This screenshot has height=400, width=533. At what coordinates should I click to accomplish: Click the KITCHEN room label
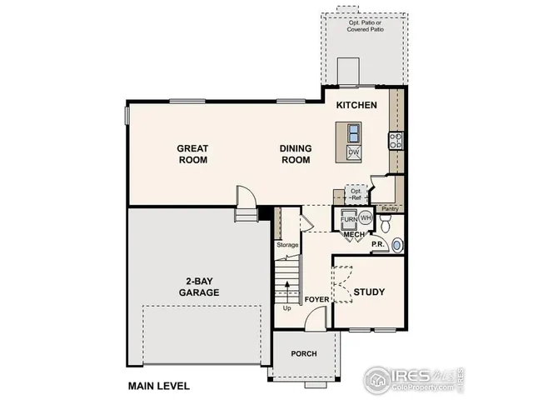point(357,106)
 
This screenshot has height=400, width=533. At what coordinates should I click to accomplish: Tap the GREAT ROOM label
point(192,154)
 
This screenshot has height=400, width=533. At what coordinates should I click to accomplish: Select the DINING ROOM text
point(295,154)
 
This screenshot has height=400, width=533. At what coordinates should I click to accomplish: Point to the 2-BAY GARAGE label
point(198,287)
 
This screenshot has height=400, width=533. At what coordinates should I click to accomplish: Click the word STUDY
point(368,292)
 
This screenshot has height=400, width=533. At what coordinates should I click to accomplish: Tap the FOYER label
point(316,299)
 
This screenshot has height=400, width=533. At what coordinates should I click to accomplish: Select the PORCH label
point(303,353)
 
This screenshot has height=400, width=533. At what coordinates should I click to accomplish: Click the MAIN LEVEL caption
point(158,386)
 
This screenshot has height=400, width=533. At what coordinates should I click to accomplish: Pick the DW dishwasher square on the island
point(353,152)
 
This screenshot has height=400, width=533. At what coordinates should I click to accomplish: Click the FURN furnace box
point(349,220)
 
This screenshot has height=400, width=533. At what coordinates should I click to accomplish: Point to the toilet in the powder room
point(386,221)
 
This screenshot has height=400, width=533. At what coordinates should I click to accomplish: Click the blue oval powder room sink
point(398,244)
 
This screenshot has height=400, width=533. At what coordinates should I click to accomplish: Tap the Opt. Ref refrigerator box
point(356,193)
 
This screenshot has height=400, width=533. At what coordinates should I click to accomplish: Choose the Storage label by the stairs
point(287,245)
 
